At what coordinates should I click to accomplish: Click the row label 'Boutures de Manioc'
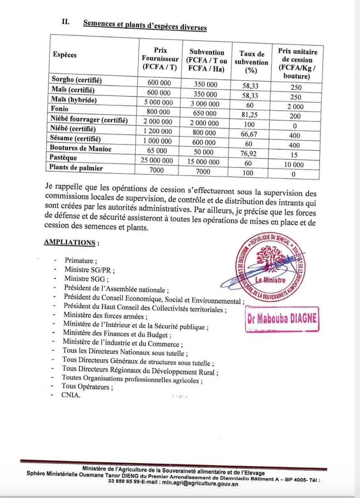[80, 148]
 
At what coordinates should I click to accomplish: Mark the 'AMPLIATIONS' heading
[71, 242]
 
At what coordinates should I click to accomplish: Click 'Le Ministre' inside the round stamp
[271, 280]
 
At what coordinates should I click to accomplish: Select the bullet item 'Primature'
[80, 260]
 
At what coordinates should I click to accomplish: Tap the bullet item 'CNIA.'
[70, 395]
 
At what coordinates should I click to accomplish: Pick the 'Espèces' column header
[65, 55]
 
